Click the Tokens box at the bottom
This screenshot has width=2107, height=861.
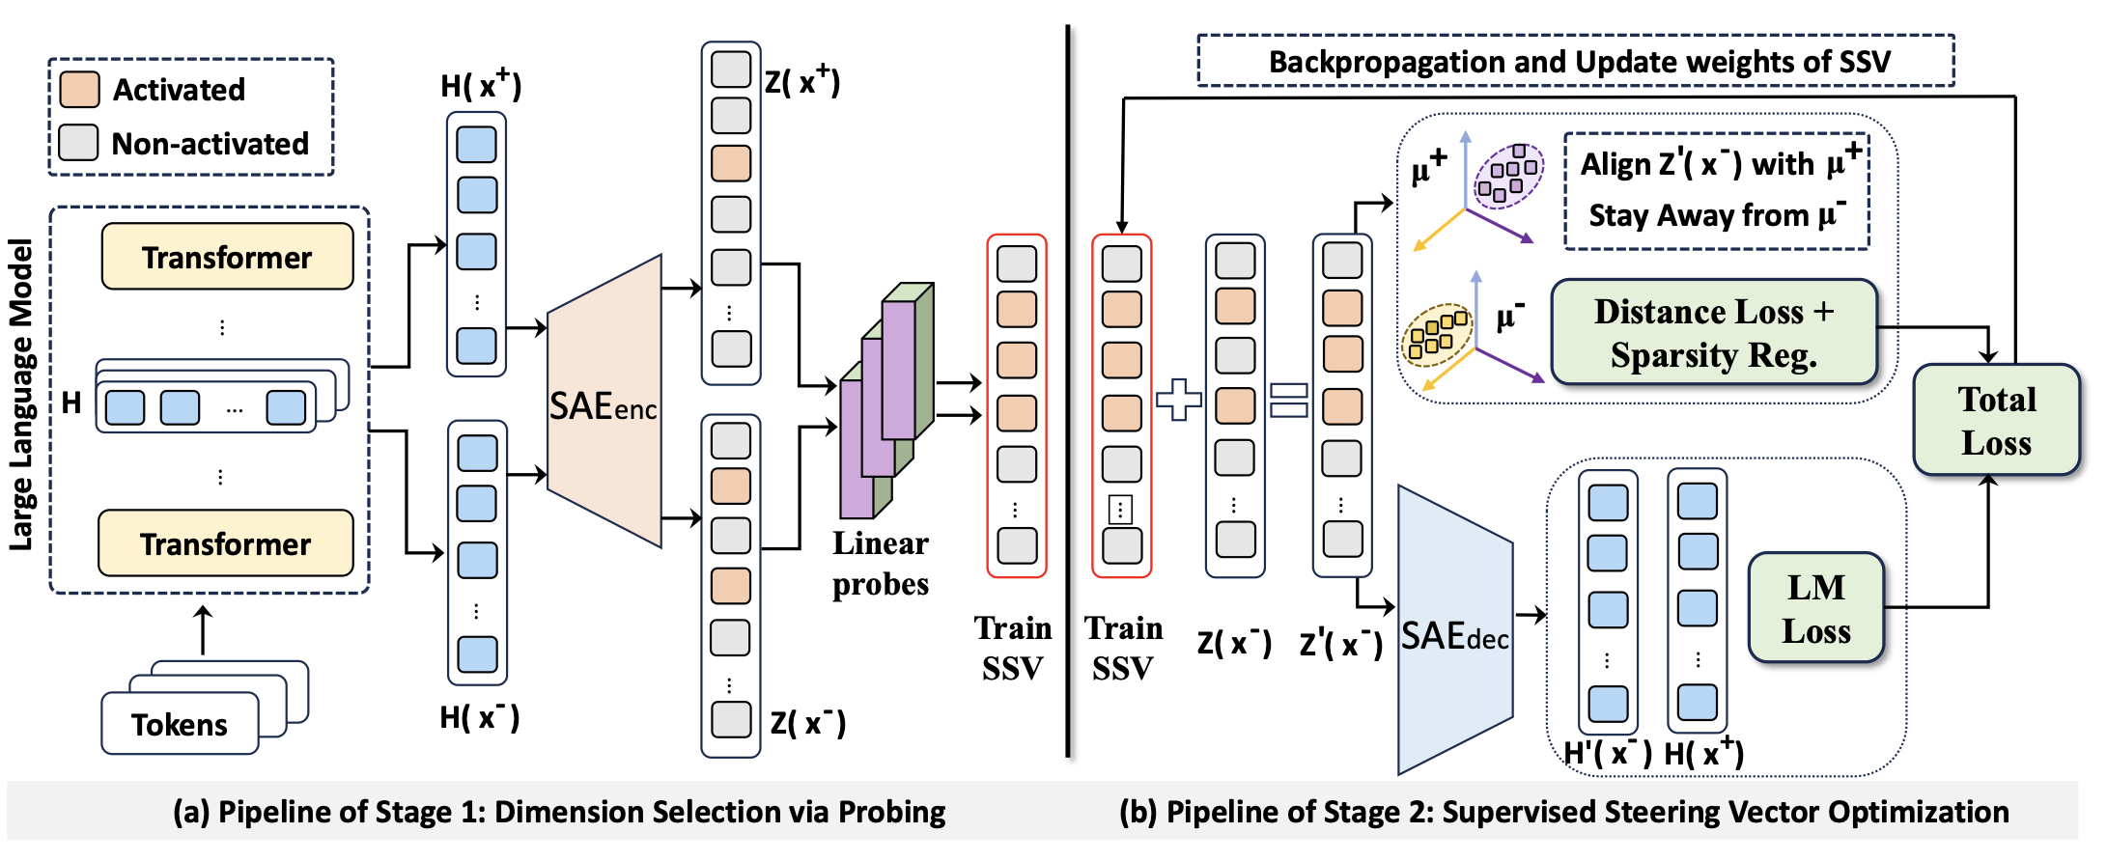coord(180,724)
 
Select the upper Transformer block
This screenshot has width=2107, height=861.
coord(227,257)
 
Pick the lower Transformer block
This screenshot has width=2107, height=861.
coord(225,543)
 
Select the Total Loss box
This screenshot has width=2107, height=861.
coord(1996,421)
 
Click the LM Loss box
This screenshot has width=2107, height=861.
coord(1815,608)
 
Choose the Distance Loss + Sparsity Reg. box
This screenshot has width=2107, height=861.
coord(1713,333)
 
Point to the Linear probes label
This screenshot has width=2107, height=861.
coord(880,564)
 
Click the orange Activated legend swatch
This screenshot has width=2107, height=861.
coord(78,89)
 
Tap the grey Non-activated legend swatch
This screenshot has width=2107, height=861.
coord(78,142)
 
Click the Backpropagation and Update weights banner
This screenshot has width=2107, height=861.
coord(1578,62)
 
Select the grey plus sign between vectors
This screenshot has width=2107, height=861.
coord(1178,399)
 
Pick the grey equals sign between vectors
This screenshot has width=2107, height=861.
coord(1288,400)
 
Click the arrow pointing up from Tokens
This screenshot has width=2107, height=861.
coord(202,630)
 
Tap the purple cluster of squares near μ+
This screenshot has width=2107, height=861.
coord(1508,175)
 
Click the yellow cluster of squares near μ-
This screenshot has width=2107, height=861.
coord(1437,334)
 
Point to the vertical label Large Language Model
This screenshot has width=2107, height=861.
coord(21,396)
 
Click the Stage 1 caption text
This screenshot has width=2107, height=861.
coord(559,812)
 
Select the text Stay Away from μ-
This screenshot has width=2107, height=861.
coord(1717,214)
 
